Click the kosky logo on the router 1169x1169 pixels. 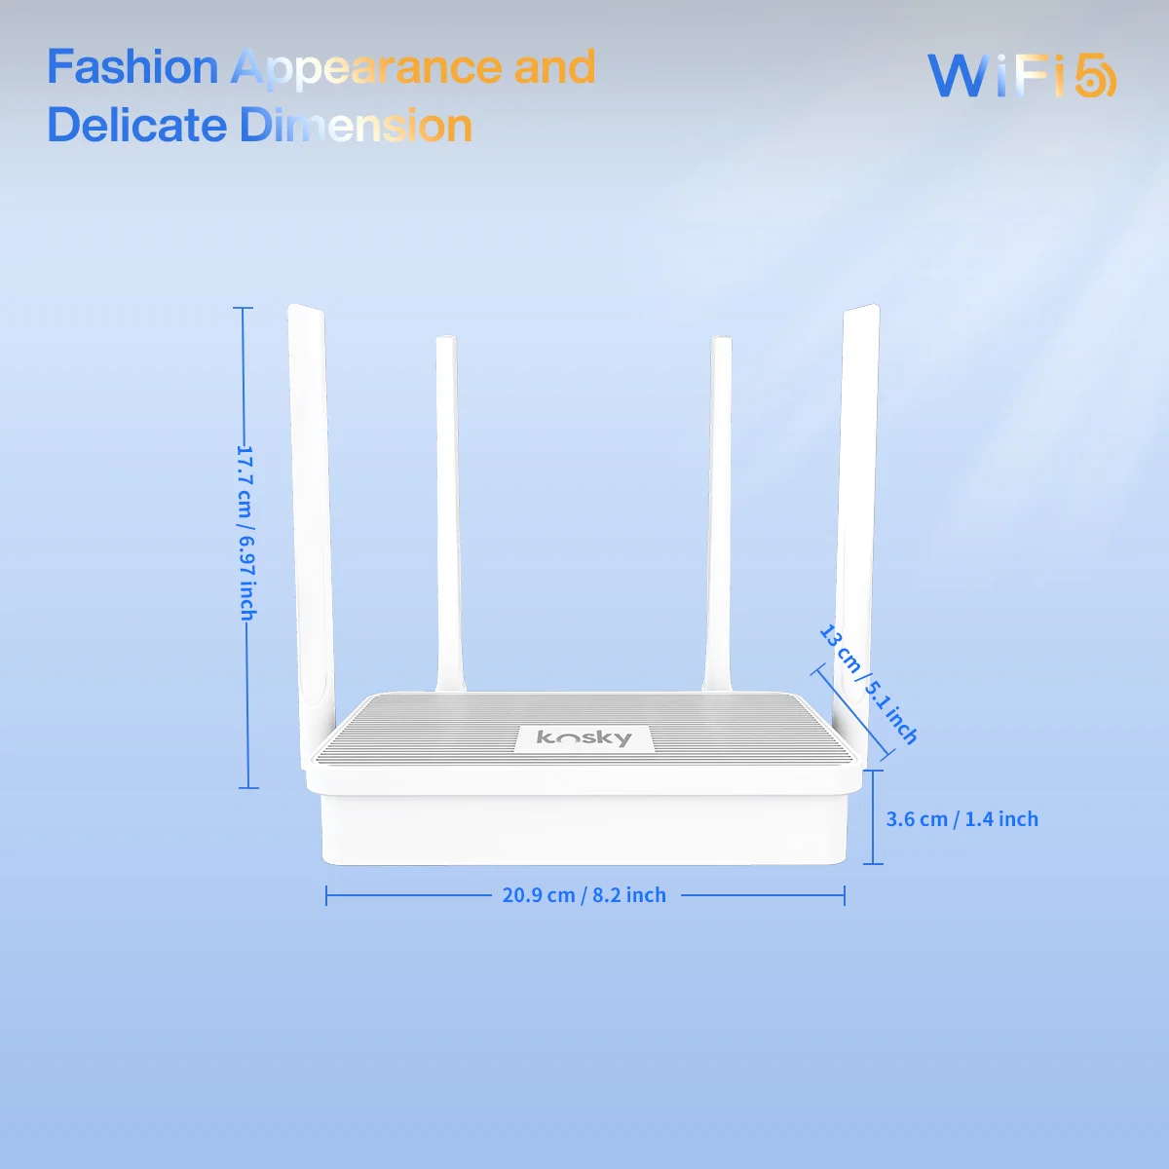click(584, 738)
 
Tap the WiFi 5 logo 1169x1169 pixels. click(1021, 76)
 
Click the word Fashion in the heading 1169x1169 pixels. click(132, 68)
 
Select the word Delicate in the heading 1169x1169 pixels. click(136, 126)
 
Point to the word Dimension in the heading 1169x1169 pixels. click(357, 126)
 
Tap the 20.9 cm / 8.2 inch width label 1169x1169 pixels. click(584, 895)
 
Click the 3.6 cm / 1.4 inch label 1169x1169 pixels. click(962, 819)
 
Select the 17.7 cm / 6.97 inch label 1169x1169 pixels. click(247, 533)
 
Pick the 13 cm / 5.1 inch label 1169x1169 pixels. click(868, 685)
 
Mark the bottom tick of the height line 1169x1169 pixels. click(247, 787)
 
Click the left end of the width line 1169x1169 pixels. click(326, 895)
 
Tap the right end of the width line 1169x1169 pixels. click(845, 895)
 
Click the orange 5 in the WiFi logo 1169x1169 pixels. click(1095, 76)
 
